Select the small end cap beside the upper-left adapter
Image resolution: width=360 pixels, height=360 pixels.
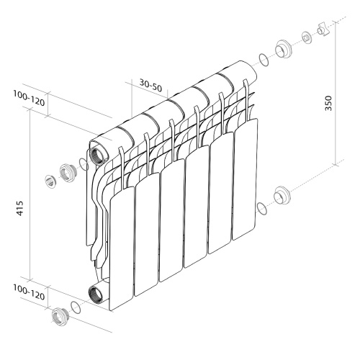50,179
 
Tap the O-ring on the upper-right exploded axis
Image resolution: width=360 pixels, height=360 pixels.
264,60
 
